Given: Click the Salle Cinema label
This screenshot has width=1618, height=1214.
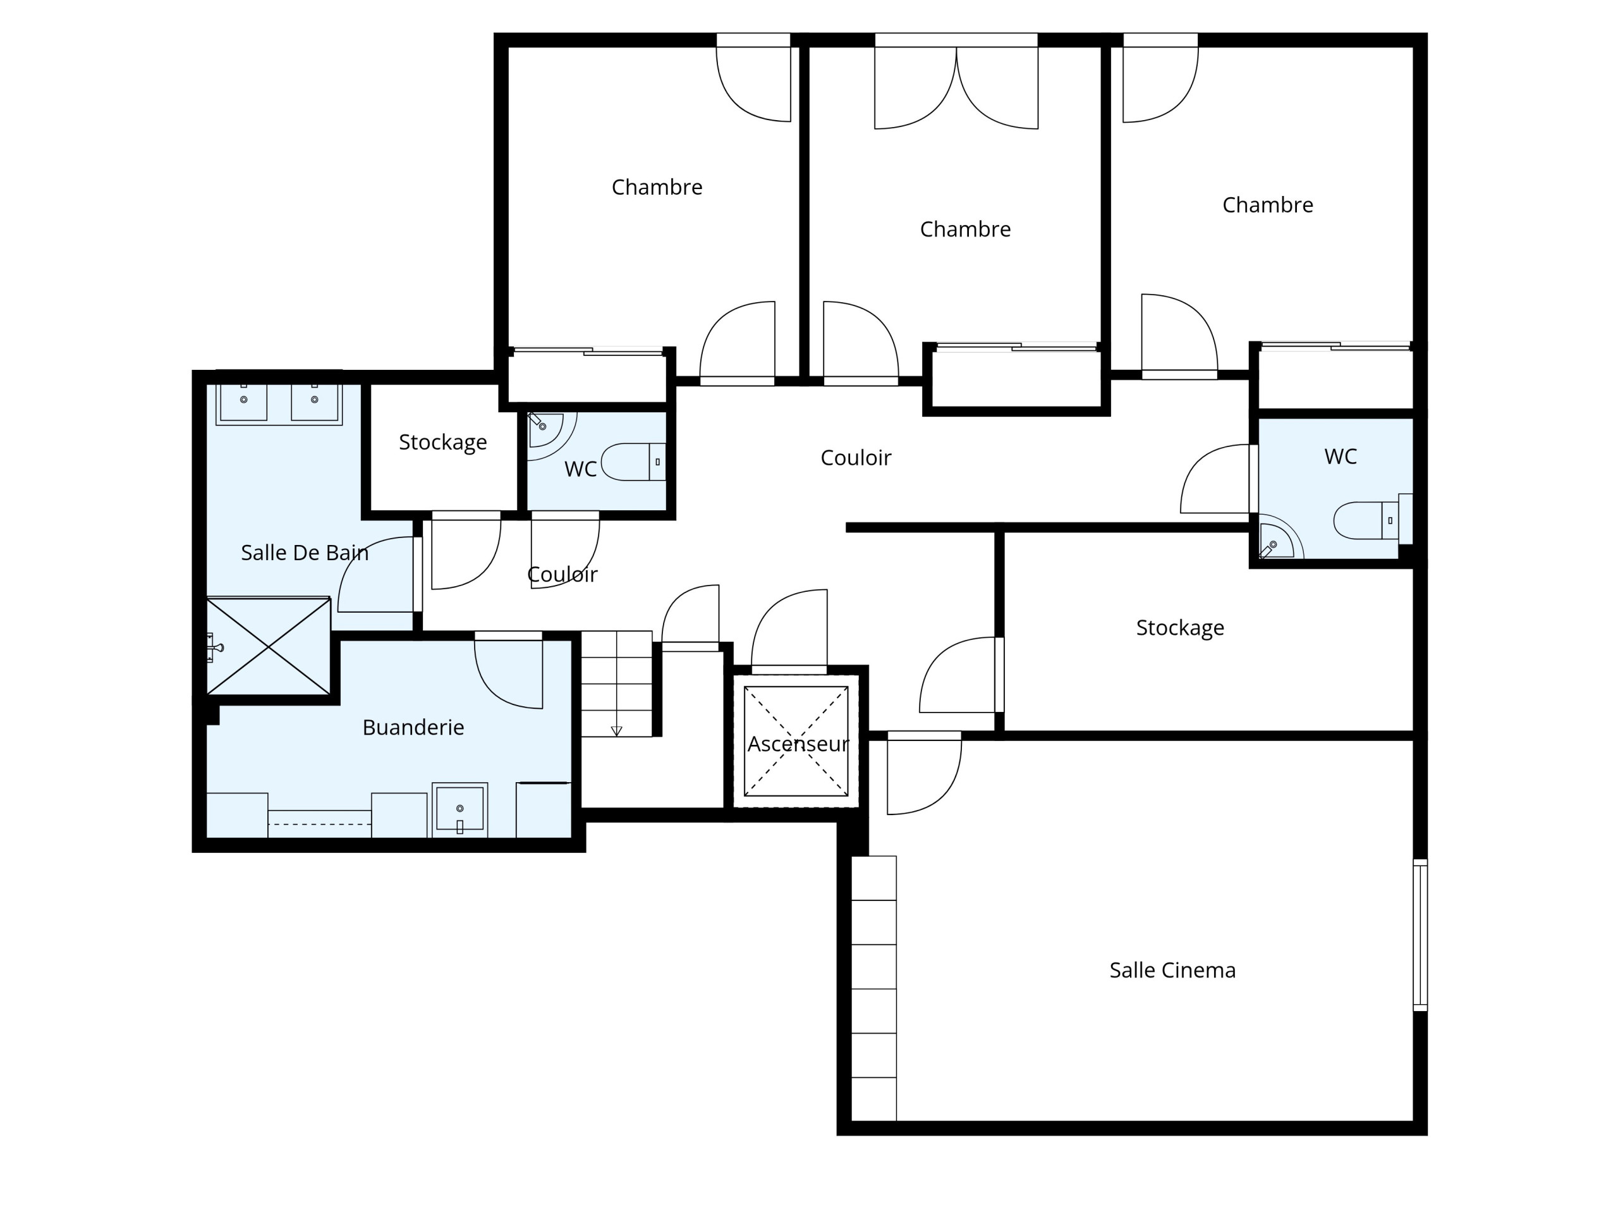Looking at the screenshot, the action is (1172, 971).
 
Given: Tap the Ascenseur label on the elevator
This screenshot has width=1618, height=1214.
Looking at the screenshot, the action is (798, 744).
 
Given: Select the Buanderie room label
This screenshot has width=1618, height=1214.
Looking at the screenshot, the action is (413, 727).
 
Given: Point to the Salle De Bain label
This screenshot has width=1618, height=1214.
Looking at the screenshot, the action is (305, 553).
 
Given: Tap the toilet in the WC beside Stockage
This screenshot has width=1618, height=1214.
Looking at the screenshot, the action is (633, 462).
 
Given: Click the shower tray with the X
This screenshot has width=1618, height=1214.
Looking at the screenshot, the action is (269, 647).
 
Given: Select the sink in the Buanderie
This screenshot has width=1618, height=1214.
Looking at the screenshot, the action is (459, 809).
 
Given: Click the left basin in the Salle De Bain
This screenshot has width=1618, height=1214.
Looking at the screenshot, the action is (243, 401).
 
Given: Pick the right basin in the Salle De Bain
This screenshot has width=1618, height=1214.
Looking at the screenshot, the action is (315, 401).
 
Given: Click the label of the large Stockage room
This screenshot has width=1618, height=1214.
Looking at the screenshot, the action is (1180, 628).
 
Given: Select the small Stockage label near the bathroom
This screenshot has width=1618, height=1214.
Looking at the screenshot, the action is (442, 442).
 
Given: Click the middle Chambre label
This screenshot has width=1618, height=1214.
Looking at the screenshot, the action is (966, 229).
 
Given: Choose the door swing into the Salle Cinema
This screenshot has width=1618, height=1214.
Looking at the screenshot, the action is (925, 773).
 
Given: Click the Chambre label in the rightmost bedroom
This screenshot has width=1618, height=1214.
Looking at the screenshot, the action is (1268, 205).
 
